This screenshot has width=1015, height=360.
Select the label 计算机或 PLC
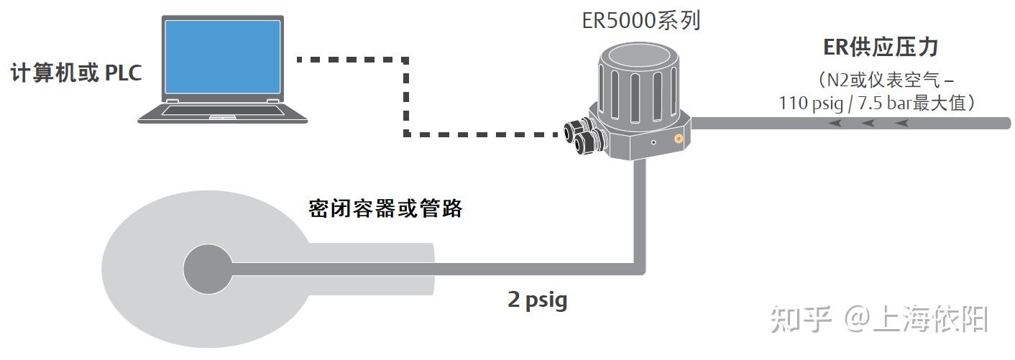point(76,73)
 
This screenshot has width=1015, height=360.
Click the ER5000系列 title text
point(641,20)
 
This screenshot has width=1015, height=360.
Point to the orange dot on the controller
point(677,137)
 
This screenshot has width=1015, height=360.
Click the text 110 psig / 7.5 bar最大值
point(876,103)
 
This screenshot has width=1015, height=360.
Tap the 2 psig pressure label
point(537,300)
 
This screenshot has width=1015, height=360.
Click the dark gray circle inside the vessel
point(207,269)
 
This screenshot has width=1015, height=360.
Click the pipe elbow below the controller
point(642,268)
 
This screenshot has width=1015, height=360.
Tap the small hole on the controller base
point(653,143)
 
